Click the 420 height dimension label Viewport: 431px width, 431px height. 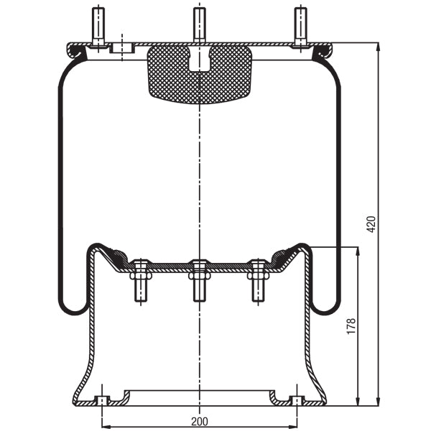pos(371,223)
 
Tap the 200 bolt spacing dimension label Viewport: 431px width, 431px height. pos(198,421)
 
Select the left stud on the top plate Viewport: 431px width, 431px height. pos(98,26)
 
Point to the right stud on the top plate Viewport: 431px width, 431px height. pos(300,26)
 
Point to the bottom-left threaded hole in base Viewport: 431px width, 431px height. pos(101,400)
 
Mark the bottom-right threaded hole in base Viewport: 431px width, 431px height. pos(296,400)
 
